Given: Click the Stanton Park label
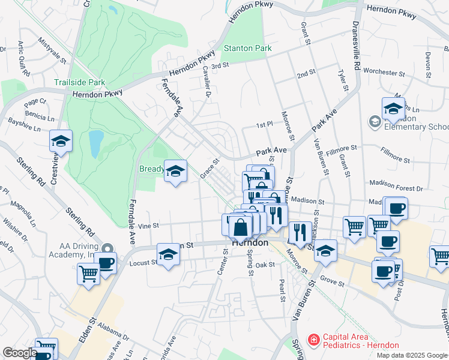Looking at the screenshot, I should click(247, 48).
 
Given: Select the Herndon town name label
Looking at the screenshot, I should click(250, 243).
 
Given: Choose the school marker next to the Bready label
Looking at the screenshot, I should click(175, 172).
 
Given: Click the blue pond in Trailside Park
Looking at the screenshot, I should click(95, 143).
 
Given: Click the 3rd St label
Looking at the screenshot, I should click(220, 65).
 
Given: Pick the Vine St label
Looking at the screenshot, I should click(148, 226).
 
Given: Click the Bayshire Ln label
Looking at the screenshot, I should click(24, 128).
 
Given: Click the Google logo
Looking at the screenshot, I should click(19, 353).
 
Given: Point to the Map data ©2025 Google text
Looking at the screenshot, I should click(412, 355).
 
